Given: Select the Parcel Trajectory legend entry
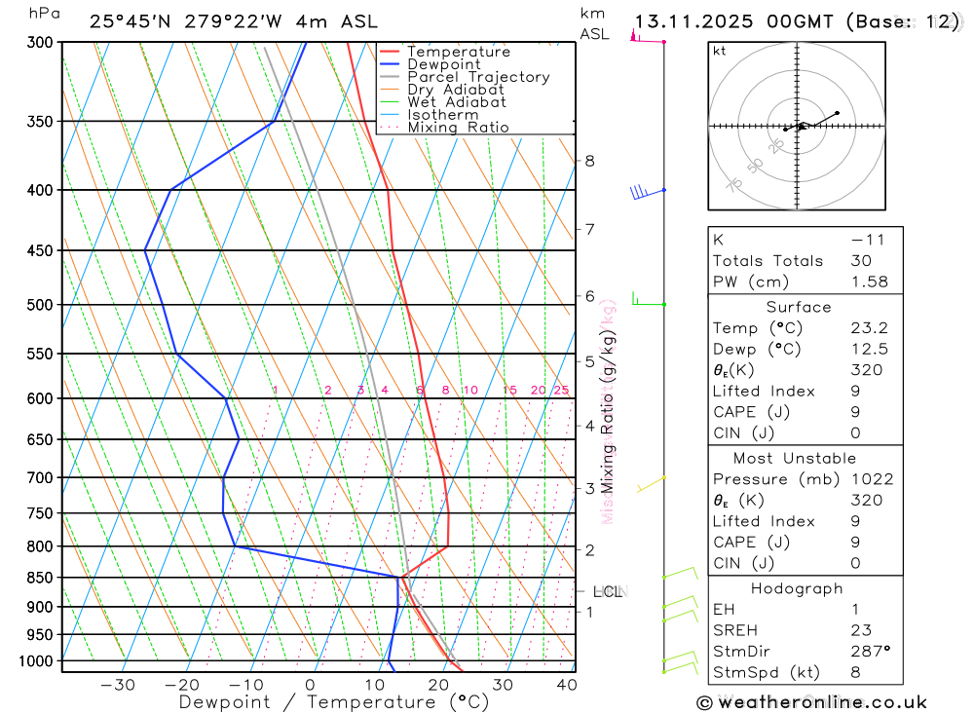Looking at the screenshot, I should click(x=478, y=77).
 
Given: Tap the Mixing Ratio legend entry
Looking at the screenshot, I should click(x=458, y=128).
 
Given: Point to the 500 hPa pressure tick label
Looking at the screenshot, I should click(x=40, y=305).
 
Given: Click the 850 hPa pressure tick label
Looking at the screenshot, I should click(x=40, y=578).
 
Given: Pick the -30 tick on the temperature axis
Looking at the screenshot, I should click(x=118, y=685).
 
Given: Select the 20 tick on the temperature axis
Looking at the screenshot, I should click(x=437, y=685).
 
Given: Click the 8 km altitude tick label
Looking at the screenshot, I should click(x=589, y=161).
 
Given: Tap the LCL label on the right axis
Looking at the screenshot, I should click(x=608, y=591).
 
